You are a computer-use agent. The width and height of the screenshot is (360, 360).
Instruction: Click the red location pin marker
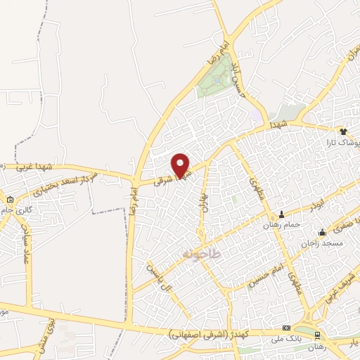(x=181, y=165)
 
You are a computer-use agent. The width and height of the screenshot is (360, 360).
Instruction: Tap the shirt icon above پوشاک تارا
(x=343, y=131)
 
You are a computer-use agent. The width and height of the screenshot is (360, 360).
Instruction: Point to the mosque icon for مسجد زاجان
(x=322, y=233)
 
